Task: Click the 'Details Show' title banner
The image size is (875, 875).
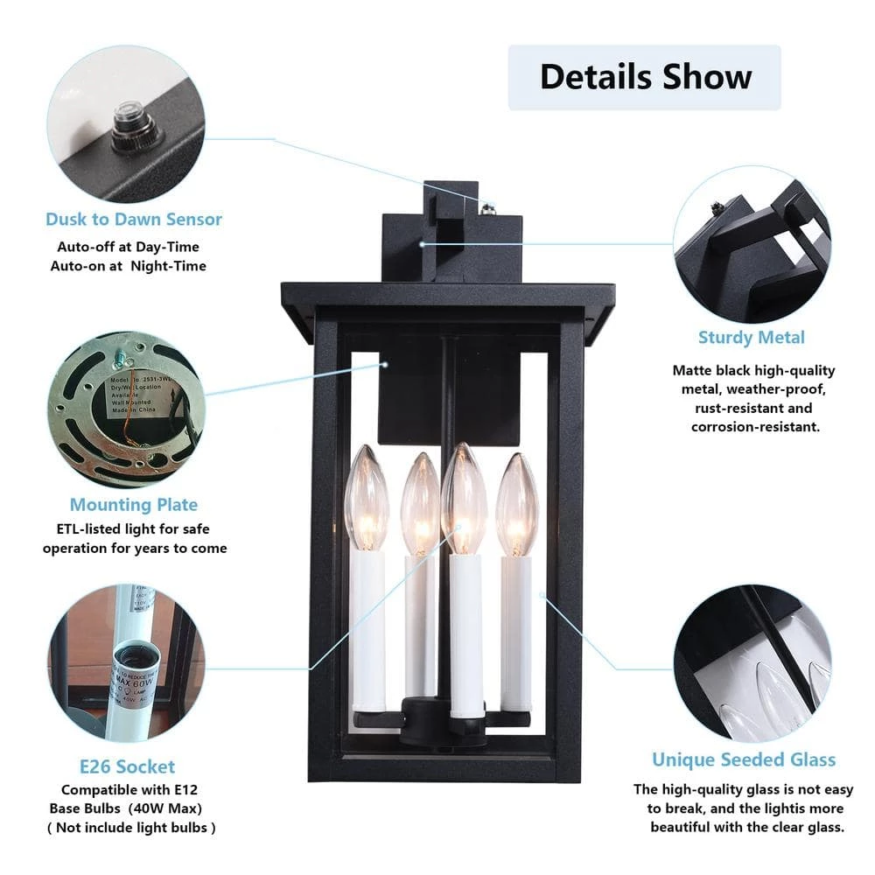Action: coord(645,77)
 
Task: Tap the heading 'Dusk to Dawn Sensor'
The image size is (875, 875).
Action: coord(134,219)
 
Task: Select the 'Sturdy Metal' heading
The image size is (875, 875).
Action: coord(751,337)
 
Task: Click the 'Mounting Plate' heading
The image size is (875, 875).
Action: coord(134,505)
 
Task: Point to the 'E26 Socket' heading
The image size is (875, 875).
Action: coord(127,766)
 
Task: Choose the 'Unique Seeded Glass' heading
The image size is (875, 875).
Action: coord(744,759)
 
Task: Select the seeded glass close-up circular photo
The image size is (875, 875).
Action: coord(752,662)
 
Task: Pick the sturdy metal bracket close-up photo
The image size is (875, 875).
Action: coord(752,246)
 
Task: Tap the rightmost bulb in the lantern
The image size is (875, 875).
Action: coord(516,502)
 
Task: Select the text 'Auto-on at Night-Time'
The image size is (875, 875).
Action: coord(129,266)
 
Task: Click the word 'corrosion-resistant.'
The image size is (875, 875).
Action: coord(755,427)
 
